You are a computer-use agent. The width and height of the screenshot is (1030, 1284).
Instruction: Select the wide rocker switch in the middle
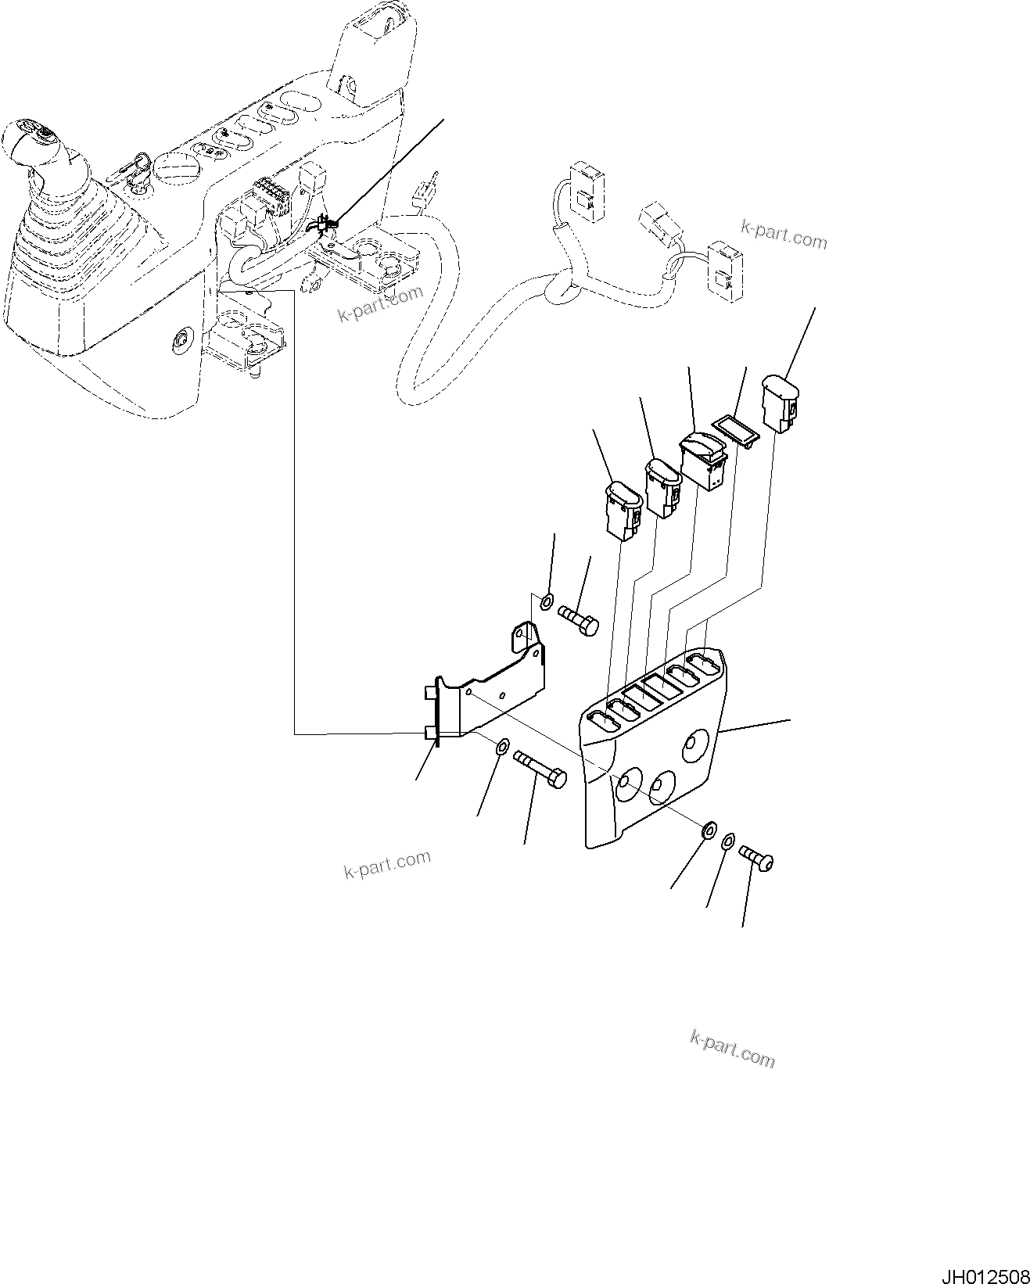(x=703, y=462)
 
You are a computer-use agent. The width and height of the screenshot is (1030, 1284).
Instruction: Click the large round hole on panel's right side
(x=694, y=745)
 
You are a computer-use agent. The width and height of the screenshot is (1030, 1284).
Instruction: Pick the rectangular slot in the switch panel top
(x=661, y=688)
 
